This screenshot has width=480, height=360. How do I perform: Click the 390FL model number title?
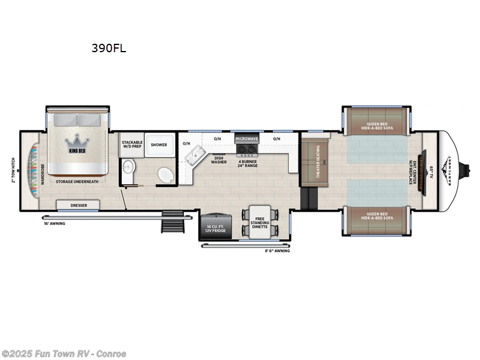(109, 49)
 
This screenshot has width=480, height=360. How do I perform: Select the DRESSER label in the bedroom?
(79, 205)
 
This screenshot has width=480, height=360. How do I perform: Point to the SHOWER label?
(159, 145)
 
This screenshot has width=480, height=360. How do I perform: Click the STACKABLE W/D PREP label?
(131, 145)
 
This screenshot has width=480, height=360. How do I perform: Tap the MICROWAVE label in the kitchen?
(246, 139)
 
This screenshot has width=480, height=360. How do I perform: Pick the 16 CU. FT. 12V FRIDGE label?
(214, 229)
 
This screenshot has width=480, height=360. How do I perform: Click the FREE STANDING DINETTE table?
(260, 223)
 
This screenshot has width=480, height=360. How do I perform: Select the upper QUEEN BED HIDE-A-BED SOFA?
(377, 119)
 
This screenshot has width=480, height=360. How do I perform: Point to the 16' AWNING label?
(54, 223)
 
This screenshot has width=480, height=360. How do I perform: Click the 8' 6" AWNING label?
(277, 251)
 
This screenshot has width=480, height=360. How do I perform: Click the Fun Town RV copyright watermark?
(64, 354)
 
